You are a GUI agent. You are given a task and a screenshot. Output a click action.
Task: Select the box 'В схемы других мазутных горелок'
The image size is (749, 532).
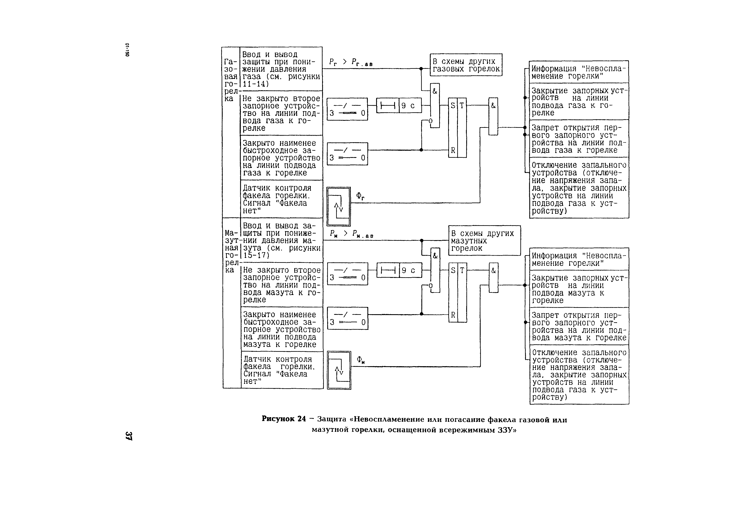click(484, 241)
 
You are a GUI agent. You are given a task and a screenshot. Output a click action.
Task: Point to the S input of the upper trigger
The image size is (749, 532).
click(453, 106)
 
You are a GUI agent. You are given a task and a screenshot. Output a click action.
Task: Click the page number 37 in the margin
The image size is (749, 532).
click(129, 435)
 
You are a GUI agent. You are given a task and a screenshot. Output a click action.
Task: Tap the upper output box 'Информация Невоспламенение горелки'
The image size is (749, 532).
click(579, 72)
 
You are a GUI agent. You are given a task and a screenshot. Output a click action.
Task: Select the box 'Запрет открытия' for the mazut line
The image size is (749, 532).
click(579, 326)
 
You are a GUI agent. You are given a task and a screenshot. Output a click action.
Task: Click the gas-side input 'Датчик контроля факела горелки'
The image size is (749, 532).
click(281, 199)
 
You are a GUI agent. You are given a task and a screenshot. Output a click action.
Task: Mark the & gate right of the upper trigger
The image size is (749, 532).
click(493, 116)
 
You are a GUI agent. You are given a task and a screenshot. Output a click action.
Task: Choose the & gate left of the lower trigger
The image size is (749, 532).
click(435, 270)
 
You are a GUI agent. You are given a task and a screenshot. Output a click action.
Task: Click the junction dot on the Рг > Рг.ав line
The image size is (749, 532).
click(421, 69)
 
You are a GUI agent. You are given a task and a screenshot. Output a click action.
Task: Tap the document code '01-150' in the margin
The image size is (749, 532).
click(127, 50)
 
